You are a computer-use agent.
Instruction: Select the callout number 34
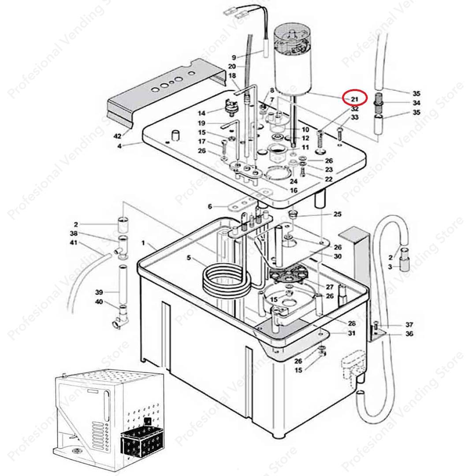point(416,103)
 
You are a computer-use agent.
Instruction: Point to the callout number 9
point(234,57)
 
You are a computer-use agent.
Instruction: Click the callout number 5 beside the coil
point(189,258)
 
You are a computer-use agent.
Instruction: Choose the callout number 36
point(409,334)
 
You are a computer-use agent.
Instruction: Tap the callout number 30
point(338,257)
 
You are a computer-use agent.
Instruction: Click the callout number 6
point(210,206)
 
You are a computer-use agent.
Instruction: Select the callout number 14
point(201,113)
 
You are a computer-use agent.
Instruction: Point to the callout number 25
point(337,214)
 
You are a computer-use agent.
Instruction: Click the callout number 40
point(99,302)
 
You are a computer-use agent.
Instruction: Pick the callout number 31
point(351,333)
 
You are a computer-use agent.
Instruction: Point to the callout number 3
point(390,267)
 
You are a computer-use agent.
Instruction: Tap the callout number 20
point(232,67)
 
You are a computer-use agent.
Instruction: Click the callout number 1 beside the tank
point(143,243)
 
